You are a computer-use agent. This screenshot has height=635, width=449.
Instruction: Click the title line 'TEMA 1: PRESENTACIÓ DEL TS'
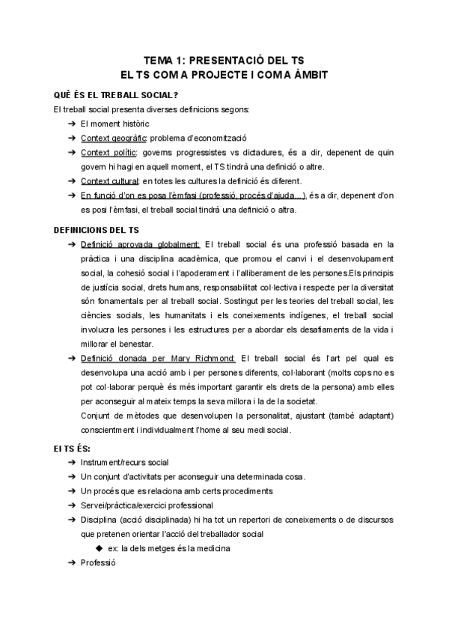[x=224, y=60]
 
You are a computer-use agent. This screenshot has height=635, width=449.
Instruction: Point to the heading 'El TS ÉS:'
[x=72, y=447]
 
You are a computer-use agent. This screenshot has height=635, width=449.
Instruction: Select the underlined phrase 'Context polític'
[x=109, y=153]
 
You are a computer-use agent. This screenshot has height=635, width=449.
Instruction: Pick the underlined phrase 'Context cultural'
[x=110, y=181]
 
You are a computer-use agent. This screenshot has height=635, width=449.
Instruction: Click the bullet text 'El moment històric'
[x=114, y=124]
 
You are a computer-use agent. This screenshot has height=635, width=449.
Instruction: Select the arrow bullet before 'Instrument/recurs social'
[x=71, y=463]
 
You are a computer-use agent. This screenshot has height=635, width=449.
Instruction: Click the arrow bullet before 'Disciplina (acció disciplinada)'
[x=71, y=520]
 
